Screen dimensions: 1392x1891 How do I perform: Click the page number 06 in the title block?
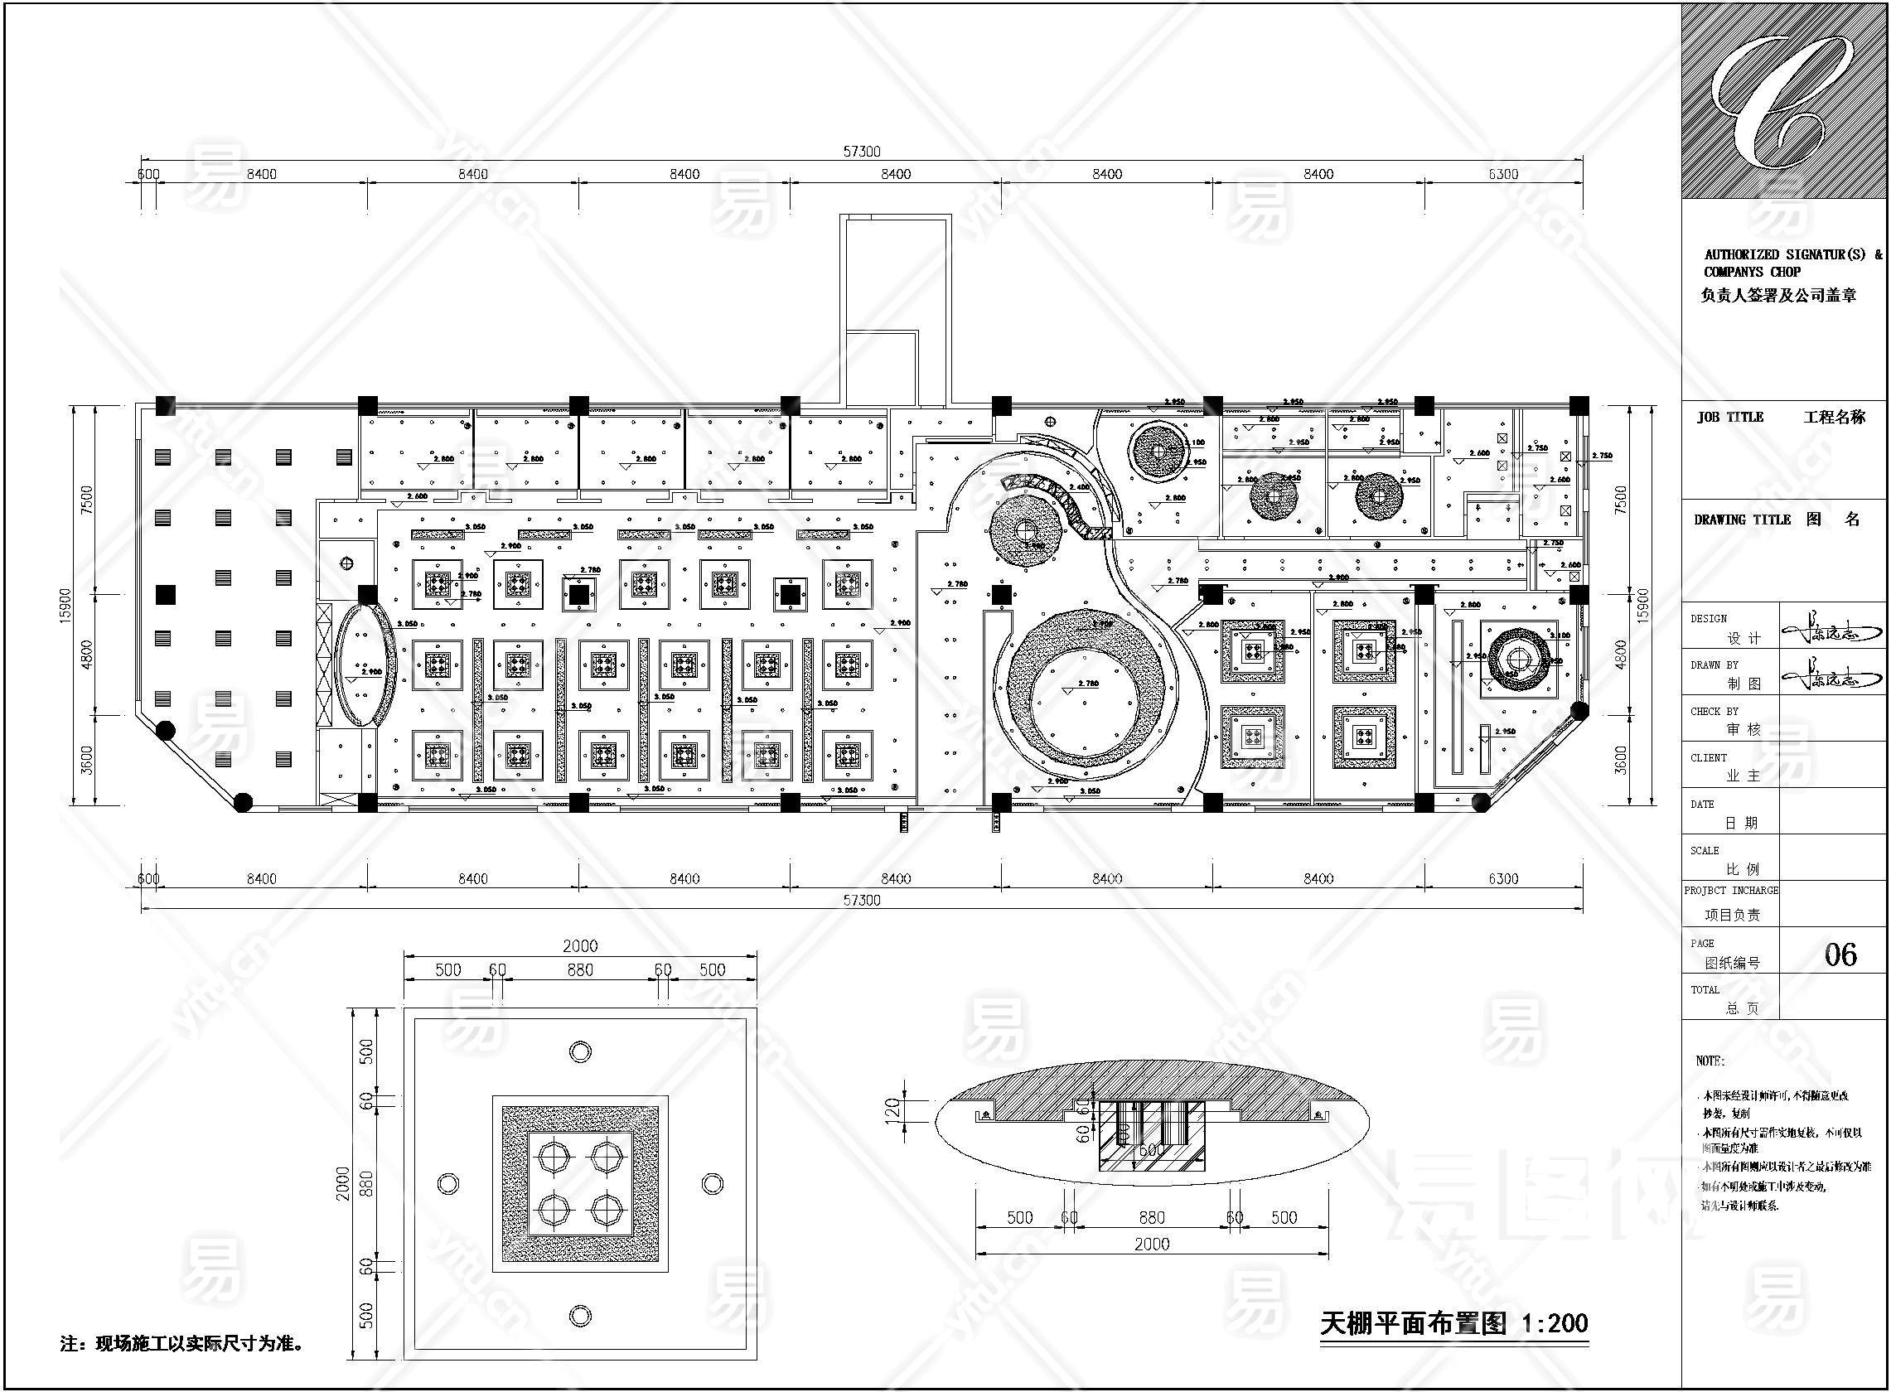point(1840,954)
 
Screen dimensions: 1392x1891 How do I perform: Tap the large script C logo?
point(1778,102)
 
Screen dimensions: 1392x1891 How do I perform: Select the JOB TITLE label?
point(1730,417)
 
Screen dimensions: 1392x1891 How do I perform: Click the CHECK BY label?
point(1714,711)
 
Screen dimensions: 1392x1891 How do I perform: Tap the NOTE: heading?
point(1710,1061)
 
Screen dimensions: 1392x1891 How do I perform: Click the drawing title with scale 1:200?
point(1453,1324)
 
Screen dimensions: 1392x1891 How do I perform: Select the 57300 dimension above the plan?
point(861,152)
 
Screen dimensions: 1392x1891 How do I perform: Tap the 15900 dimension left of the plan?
point(65,605)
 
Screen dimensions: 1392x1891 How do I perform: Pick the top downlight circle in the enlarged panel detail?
point(580,1051)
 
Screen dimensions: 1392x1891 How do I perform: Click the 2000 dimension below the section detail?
point(1151,1244)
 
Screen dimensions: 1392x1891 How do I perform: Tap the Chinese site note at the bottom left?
point(182,1343)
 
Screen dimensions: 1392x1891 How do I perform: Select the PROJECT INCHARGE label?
point(1731,890)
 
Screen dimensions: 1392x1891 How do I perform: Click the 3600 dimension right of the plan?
point(1620,760)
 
